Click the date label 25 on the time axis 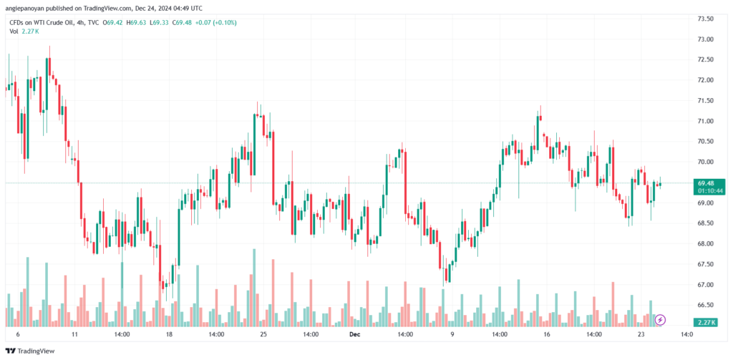coord(263,334)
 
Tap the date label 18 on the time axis coord(169,334)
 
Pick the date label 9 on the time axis coord(452,334)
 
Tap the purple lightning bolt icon coord(661,319)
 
